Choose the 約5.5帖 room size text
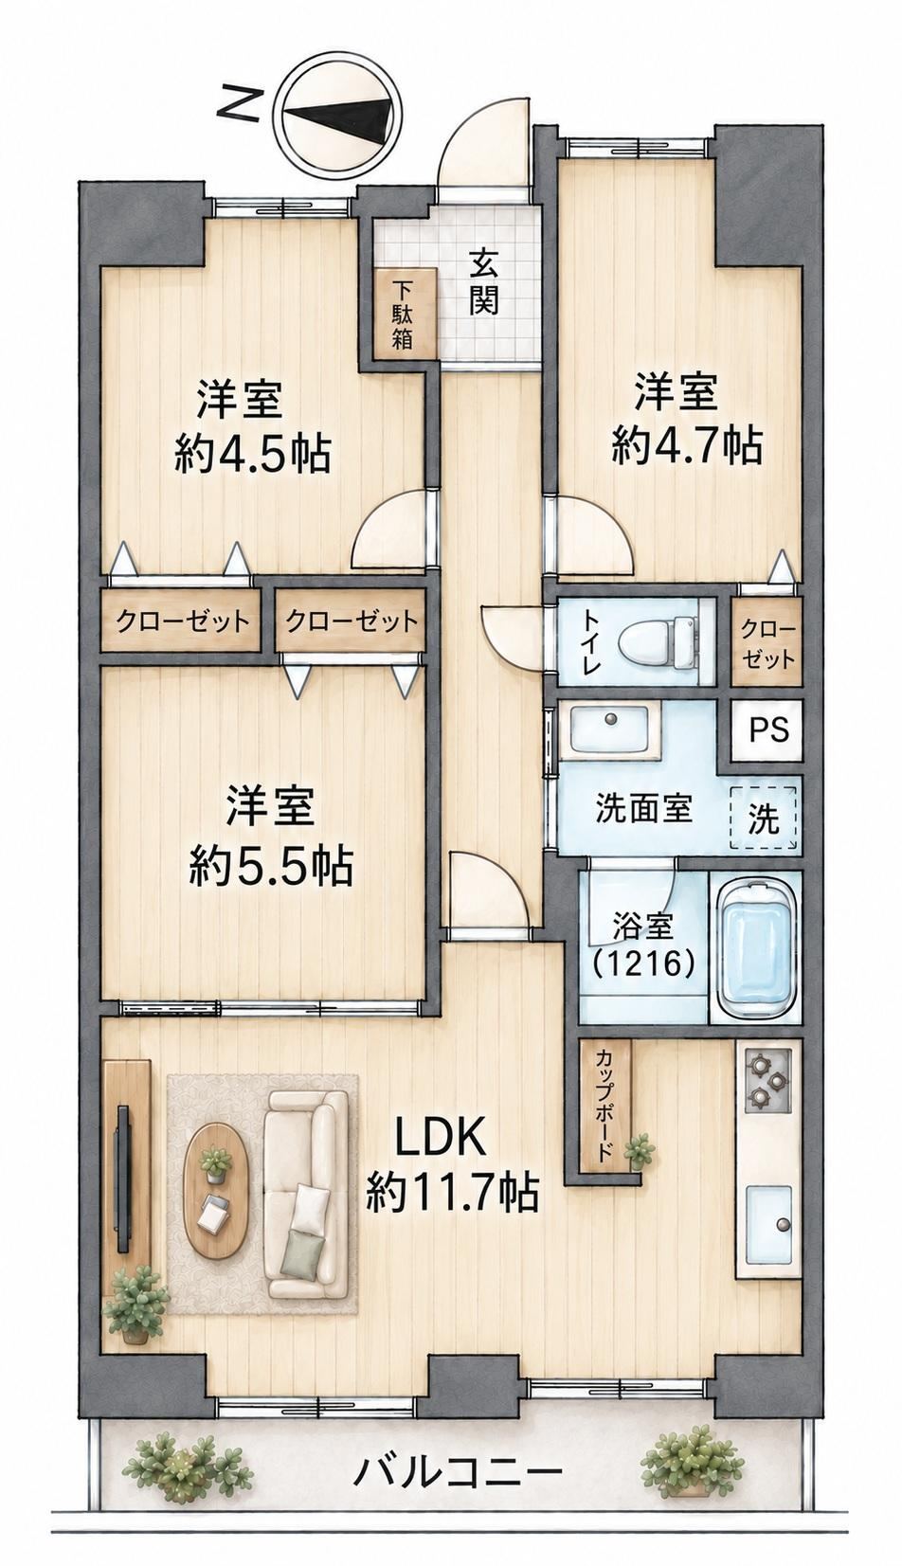[x=270, y=866]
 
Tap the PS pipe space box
[x=768, y=729]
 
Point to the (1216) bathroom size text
[x=642, y=963]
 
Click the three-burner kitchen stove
[x=767, y=1080]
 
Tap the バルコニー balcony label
[x=457, y=1470]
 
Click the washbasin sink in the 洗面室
[x=611, y=730]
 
